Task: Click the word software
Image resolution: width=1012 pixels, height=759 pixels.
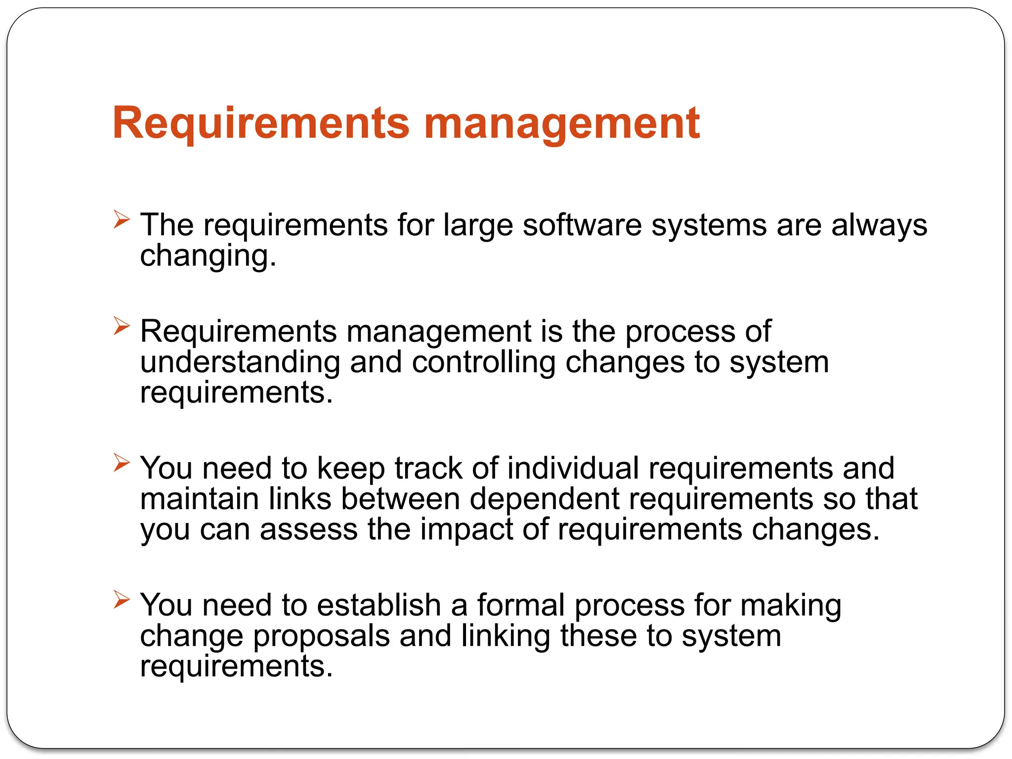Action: [x=582, y=225]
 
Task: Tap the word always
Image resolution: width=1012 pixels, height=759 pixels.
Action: [x=879, y=226]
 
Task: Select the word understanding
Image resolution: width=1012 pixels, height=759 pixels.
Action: [x=240, y=362]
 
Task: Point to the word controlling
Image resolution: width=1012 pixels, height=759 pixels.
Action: [x=484, y=362]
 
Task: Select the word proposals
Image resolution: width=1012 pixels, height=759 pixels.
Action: [x=321, y=636]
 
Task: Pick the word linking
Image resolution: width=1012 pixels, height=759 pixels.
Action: [x=506, y=636]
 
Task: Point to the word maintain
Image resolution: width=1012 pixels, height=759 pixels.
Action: [x=200, y=499]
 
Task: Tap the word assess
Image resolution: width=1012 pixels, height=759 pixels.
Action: [x=308, y=530]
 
